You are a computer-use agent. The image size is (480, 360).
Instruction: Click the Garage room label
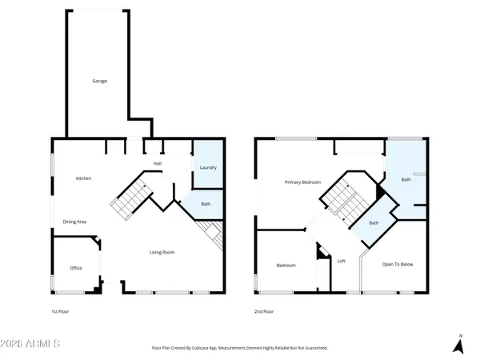99,81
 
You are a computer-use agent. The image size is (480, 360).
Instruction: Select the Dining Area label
75,222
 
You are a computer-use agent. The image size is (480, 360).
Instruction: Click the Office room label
76,268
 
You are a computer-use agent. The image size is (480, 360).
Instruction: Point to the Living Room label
162,253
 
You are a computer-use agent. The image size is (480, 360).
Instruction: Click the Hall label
158,164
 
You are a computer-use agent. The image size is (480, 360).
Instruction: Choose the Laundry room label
208,168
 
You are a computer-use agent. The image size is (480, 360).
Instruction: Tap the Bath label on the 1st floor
206,205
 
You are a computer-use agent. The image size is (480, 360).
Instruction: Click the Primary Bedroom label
303,182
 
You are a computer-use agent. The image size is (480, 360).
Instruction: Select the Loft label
341,261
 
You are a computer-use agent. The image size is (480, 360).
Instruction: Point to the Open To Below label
397,264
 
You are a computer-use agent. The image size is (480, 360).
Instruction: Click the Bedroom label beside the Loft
286,265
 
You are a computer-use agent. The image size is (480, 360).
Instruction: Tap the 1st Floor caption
60,311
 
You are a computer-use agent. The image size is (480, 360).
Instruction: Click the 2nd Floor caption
265,311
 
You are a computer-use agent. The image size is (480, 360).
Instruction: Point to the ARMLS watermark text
32,344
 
